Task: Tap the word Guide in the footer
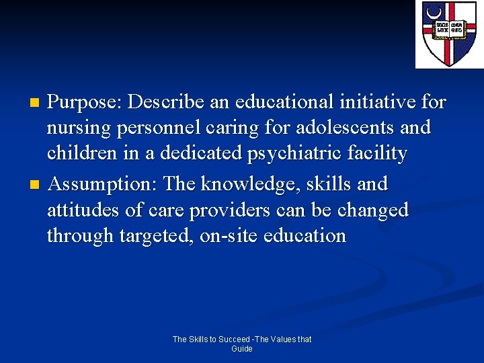[x=242, y=349]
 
